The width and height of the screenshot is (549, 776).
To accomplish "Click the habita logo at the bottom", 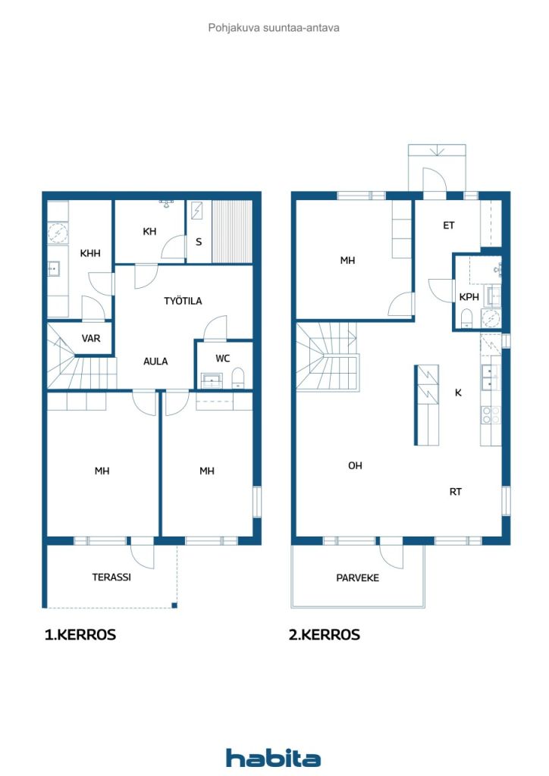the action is tap(273, 758).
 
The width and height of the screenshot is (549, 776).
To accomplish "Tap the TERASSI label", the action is tap(111, 577).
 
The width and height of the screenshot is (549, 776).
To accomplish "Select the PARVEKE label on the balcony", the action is tap(357, 578).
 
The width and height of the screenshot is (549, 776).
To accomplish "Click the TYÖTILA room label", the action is tap(183, 300).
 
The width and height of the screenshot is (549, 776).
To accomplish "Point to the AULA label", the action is tap(155, 361).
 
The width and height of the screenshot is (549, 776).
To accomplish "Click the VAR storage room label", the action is tap(91, 339).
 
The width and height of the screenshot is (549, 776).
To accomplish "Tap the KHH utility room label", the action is tap(90, 253).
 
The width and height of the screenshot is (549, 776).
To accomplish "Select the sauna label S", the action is tap(199, 242).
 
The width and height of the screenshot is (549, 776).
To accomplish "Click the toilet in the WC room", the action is tap(238, 378).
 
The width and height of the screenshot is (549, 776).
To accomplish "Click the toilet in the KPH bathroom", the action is tap(467, 318).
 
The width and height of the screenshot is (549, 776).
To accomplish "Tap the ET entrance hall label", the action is tap(448, 226).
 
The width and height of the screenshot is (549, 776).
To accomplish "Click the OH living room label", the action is tap(355, 466).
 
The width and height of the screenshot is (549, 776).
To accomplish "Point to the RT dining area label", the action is tap(456, 492).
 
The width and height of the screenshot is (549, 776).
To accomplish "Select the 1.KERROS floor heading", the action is tap(80, 635).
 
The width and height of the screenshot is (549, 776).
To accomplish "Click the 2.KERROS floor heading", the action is tap(325, 635).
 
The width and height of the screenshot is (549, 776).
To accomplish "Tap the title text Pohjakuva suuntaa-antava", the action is tap(274, 28).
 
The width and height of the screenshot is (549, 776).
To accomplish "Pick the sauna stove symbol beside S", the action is tap(197, 211).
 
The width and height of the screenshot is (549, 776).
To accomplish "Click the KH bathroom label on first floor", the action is tap(149, 232).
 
